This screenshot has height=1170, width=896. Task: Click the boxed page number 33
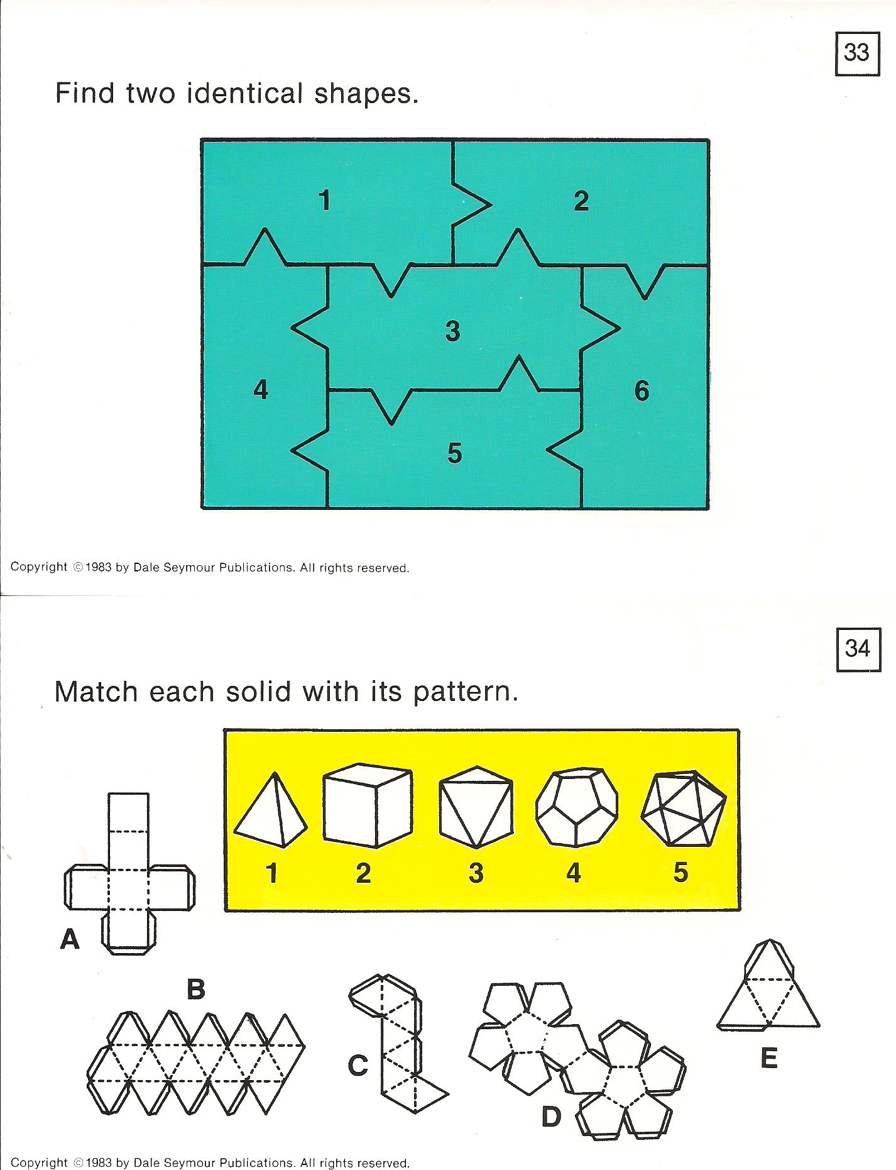pyautogui.click(x=856, y=52)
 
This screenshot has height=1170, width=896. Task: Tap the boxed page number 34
pyautogui.click(x=857, y=648)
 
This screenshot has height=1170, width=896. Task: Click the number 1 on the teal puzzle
pyautogui.click(x=324, y=201)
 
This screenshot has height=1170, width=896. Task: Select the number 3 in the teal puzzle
pyautogui.click(x=453, y=331)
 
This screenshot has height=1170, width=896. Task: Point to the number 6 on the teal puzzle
pyautogui.click(x=642, y=391)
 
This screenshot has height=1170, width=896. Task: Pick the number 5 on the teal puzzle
pyautogui.click(x=455, y=453)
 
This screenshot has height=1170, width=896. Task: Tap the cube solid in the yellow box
pyautogui.click(x=368, y=805)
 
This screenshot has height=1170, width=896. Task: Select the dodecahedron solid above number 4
pyautogui.click(x=577, y=807)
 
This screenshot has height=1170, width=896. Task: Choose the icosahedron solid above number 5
pyautogui.click(x=684, y=808)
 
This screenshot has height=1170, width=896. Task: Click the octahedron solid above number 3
pyautogui.click(x=476, y=807)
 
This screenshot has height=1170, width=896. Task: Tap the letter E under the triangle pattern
pyautogui.click(x=768, y=1059)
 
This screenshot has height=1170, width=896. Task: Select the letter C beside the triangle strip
pyautogui.click(x=358, y=1065)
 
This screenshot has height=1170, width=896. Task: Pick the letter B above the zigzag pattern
pyautogui.click(x=196, y=990)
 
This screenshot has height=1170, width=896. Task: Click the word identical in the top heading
pyautogui.click(x=244, y=94)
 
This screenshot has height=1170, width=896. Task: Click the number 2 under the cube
pyautogui.click(x=363, y=873)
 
